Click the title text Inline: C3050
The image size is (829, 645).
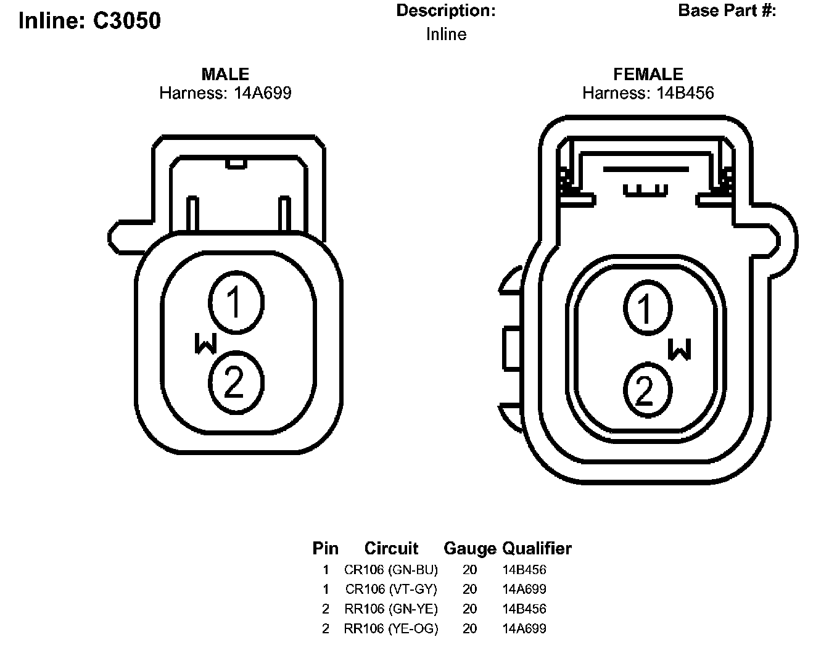coord(89,20)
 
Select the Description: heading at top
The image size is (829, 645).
coord(446,10)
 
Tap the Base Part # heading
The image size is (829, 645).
coord(727,10)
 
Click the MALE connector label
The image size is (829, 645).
coord(225,74)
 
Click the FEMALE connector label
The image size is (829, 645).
coord(648,74)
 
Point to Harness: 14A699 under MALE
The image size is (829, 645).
coord(225,93)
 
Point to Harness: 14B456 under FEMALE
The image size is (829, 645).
coord(648,93)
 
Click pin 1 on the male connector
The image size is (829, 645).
coord(236,302)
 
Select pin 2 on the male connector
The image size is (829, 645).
coord(236,382)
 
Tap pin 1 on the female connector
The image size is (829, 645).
coord(648,308)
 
